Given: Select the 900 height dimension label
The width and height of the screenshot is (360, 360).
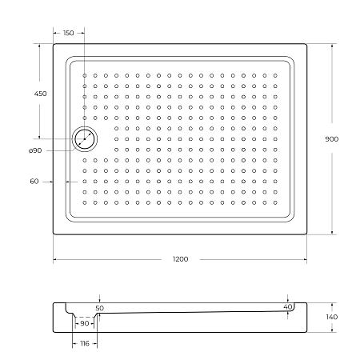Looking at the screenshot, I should pos(331,139).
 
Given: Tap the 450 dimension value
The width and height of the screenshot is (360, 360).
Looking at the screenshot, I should pos(40,94).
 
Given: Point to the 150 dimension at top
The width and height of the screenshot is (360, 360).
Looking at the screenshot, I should pos(68,33).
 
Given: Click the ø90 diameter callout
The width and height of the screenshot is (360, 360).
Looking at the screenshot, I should pos(34,150).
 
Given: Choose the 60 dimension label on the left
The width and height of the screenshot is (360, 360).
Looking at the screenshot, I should pos(34,182).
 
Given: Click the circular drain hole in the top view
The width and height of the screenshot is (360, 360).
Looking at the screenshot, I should pos(84,139).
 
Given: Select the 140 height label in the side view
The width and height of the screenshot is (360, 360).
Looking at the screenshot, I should pos(332,318).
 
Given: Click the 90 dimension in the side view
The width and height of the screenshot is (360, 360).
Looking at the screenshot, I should pos(84,324).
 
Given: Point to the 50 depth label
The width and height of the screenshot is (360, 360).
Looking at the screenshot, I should pos(99,307).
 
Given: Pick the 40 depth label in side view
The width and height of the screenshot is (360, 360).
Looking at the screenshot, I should pos(287,306).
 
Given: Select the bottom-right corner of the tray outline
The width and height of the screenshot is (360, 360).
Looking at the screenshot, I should pos(307,234).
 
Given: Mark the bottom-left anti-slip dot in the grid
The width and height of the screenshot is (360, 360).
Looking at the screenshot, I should pos(85,202).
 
